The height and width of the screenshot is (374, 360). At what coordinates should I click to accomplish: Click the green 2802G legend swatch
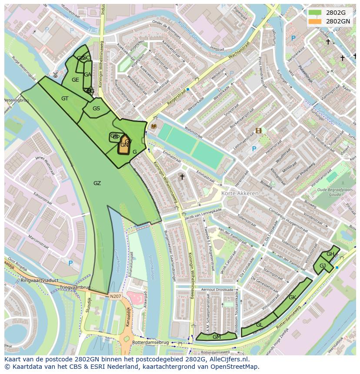315,13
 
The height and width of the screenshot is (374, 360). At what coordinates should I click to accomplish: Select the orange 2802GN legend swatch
315,21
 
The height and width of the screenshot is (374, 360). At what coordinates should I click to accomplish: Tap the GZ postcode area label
97,183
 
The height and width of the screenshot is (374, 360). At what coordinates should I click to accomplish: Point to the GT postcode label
65,99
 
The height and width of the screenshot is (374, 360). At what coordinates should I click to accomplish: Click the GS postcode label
96,109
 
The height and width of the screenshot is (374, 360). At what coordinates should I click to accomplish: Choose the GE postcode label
75,80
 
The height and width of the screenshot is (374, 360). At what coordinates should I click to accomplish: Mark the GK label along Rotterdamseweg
292,298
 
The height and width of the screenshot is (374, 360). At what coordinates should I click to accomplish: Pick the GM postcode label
217,337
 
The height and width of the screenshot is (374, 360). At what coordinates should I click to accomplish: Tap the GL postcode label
259,325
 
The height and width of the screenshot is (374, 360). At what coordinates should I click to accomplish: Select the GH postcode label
330,254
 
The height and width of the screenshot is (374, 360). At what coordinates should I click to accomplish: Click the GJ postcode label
323,266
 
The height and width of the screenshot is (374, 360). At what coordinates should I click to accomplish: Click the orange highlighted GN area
124,145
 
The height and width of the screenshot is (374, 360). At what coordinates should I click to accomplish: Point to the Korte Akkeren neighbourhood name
240,193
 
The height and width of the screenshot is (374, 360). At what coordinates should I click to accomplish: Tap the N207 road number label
115,297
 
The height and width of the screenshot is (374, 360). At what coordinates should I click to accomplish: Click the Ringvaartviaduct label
40,281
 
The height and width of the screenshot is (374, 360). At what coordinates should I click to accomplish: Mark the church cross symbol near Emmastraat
182,177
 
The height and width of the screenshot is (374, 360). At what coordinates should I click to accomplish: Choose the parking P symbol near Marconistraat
70,263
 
